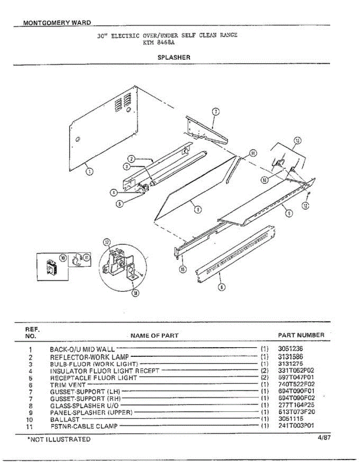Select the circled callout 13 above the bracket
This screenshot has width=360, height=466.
[x=297, y=140]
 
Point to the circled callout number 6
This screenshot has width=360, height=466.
[x=221, y=287]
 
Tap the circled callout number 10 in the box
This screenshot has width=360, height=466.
[x=63, y=257]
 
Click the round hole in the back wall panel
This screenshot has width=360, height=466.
[x=77, y=139]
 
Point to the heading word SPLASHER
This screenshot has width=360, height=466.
[x=174, y=57]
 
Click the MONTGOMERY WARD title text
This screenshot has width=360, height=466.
[x=57, y=23]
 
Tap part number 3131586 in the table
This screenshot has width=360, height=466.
[x=290, y=356]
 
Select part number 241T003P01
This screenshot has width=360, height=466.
[x=296, y=426]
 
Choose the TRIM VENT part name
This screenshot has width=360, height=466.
[x=68, y=384]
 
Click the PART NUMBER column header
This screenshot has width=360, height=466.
[x=301, y=335]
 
